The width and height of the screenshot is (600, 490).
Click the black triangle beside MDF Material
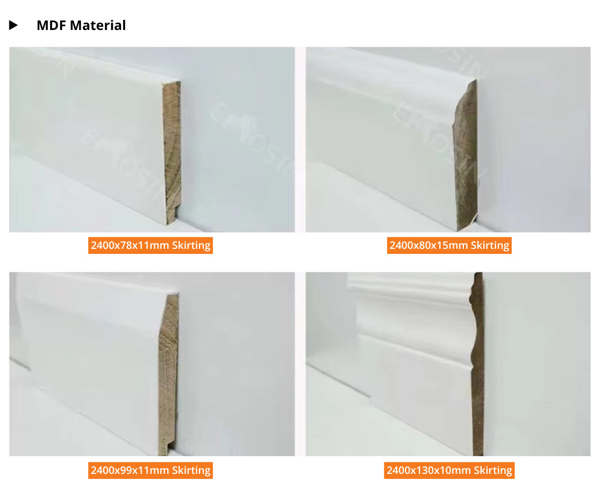pos(13,26)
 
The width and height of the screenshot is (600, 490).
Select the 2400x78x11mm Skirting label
pos(151,245)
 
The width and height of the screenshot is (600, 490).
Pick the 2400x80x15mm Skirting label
pos(449,245)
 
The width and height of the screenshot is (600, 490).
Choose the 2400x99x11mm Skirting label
pos(151,471)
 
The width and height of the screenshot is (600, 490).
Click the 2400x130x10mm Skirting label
pos(449,471)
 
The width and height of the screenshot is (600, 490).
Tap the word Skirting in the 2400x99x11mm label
pos(191,471)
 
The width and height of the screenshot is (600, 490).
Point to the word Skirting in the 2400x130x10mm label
pos(493,471)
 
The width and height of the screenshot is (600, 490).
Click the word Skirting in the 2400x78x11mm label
pos(191,245)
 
